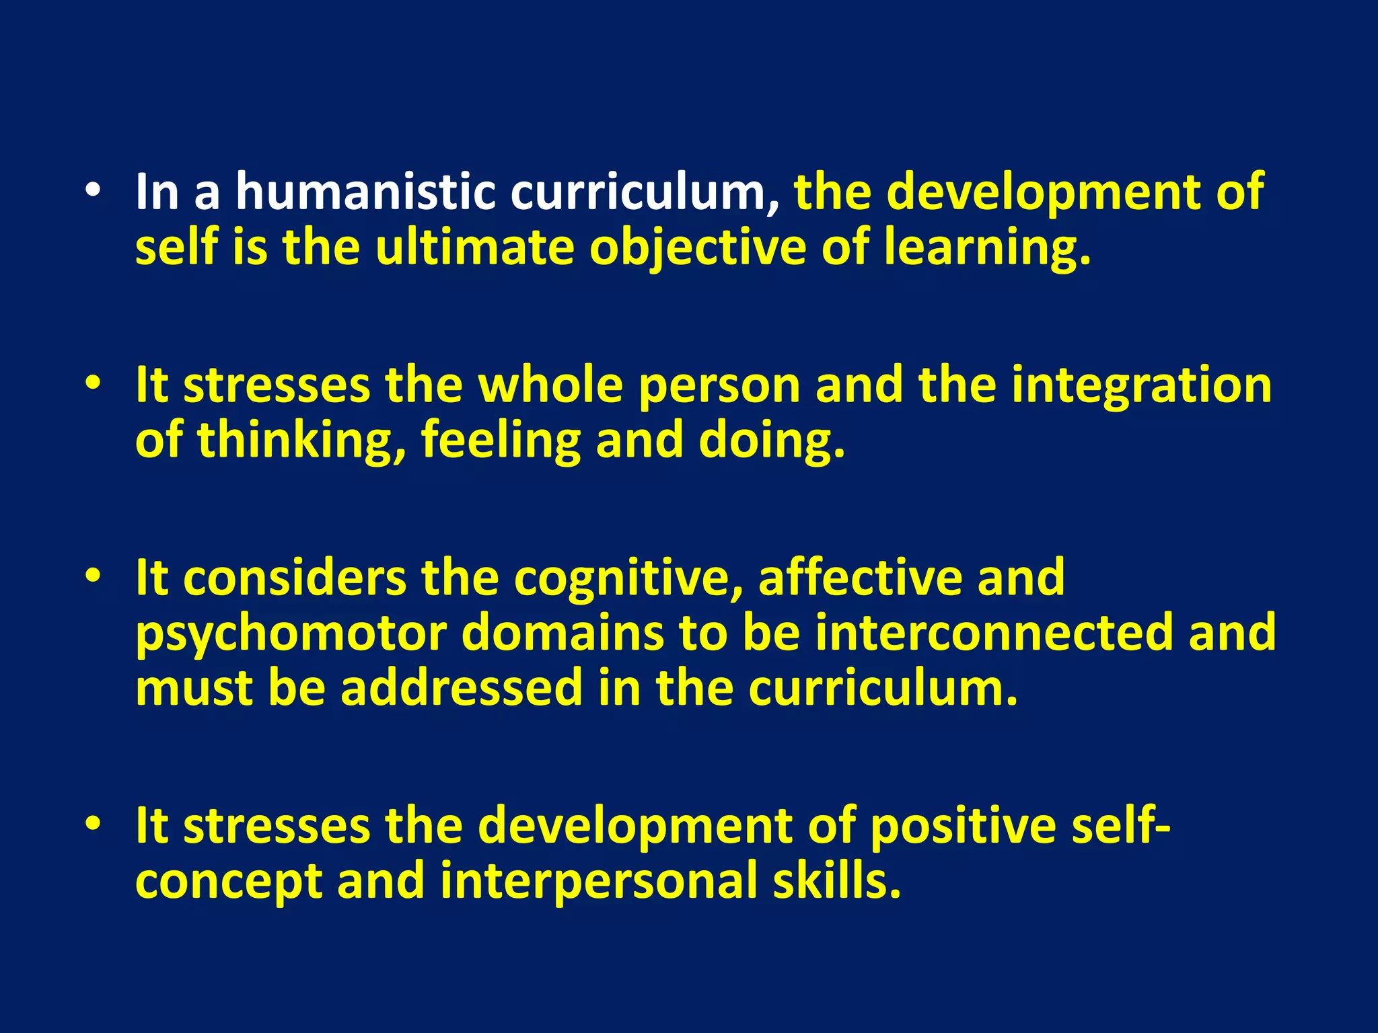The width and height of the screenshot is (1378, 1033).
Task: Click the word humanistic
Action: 365,192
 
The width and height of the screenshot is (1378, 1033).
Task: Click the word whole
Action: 550,385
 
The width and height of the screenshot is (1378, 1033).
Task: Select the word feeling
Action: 501,441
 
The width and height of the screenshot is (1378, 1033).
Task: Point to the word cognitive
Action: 628,578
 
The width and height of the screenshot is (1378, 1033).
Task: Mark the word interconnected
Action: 994,633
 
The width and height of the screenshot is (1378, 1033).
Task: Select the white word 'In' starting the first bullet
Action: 157,192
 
